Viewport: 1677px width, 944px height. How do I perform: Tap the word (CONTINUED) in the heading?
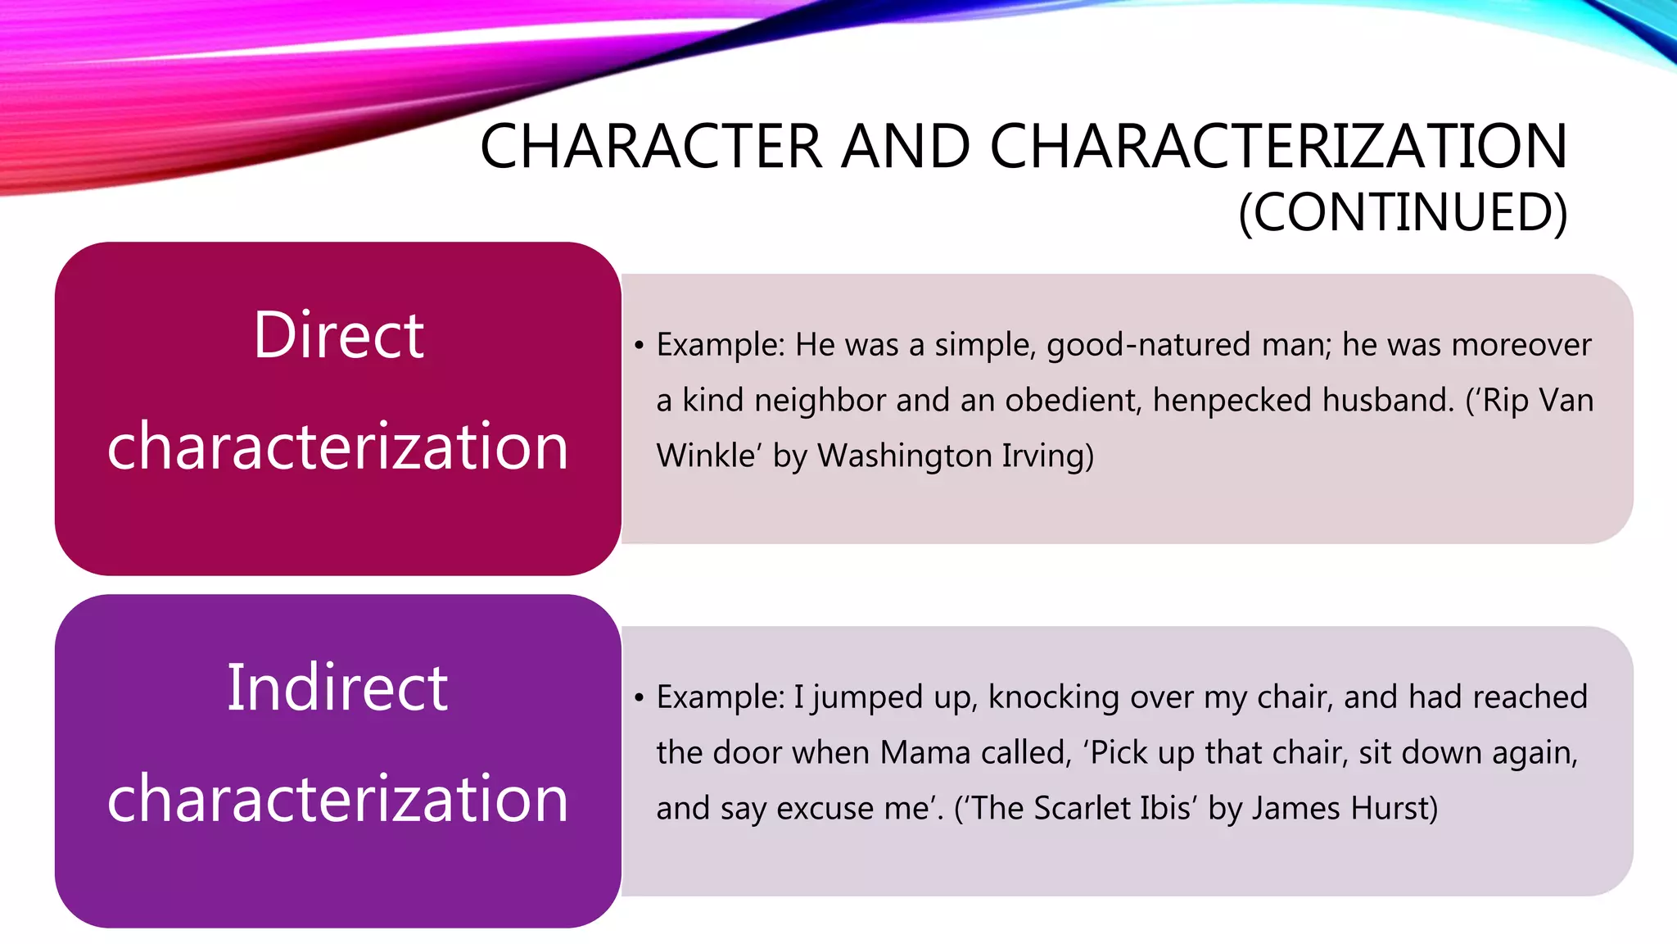[x=1403, y=212]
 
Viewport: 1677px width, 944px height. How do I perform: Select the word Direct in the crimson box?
[x=338, y=335]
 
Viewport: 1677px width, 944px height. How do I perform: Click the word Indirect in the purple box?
[x=337, y=688]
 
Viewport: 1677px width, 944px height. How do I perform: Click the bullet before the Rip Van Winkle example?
[x=640, y=345]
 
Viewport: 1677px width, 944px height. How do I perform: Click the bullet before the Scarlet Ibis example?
[x=640, y=697]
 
